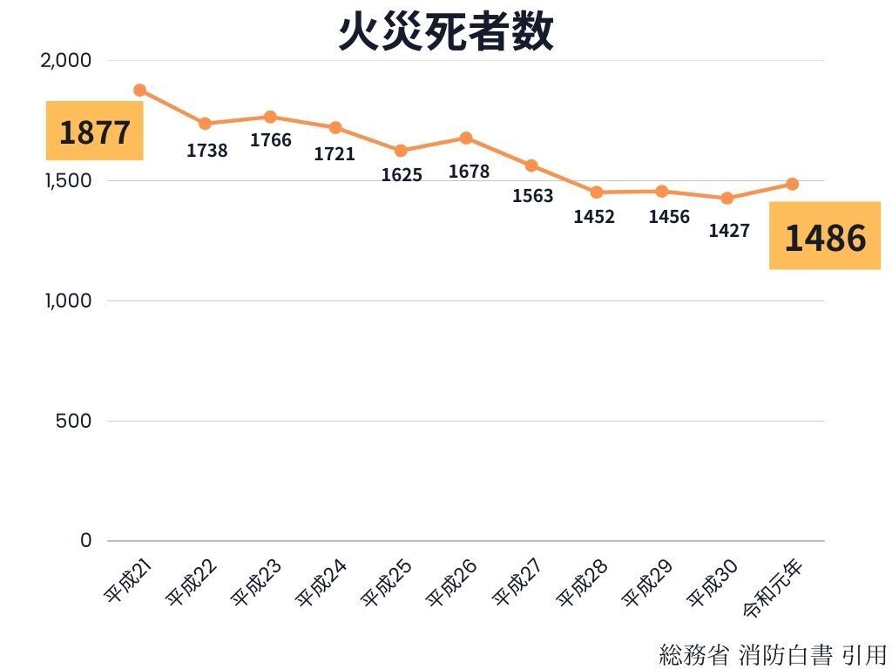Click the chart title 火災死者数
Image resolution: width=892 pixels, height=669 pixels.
tap(446, 32)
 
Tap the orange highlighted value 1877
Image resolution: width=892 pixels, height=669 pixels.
tap(94, 132)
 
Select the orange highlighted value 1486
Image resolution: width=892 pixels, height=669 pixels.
tap(825, 237)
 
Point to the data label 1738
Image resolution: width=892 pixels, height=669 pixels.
tap(207, 151)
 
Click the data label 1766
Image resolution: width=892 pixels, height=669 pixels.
tap(271, 140)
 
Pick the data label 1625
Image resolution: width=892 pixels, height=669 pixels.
tap(402, 175)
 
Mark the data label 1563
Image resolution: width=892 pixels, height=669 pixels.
tap(532, 196)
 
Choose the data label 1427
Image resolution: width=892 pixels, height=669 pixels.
tap(728, 231)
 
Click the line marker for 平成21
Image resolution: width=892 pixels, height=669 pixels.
tap(139, 90)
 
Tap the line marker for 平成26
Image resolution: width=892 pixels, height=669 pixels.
tap(466, 138)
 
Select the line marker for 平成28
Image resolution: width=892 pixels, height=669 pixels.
tap(597, 193)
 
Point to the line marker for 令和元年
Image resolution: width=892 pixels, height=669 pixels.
tap(793, 184)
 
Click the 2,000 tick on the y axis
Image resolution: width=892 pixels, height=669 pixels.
tap(66, 60)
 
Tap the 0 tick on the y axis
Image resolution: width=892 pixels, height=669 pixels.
tap(85, 540)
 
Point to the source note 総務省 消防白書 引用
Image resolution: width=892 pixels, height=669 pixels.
tap(773, 653)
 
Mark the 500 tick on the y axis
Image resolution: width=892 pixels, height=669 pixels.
tap(74, 421)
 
